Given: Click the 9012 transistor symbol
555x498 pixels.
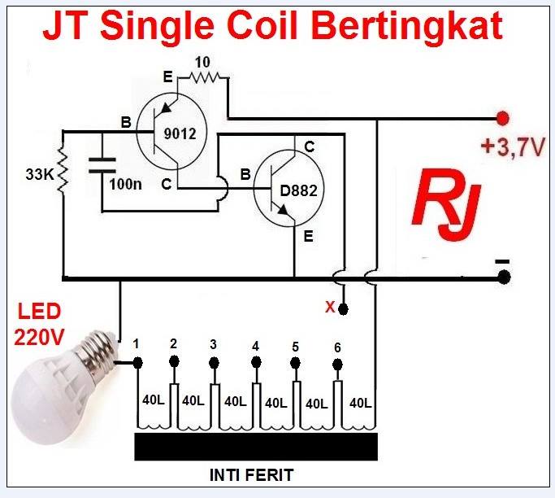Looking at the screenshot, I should (170, 133).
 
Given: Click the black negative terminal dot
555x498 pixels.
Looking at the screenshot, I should (504, 277).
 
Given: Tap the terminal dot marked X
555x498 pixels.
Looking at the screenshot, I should (344, 309).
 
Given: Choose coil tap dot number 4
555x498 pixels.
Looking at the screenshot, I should (255, 364).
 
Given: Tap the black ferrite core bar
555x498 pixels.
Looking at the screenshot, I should (256, 446).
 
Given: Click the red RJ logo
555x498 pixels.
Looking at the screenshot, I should (445, 203).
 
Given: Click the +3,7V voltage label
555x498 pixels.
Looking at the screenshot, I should (513, 147).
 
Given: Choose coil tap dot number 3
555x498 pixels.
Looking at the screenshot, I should (214, 362).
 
